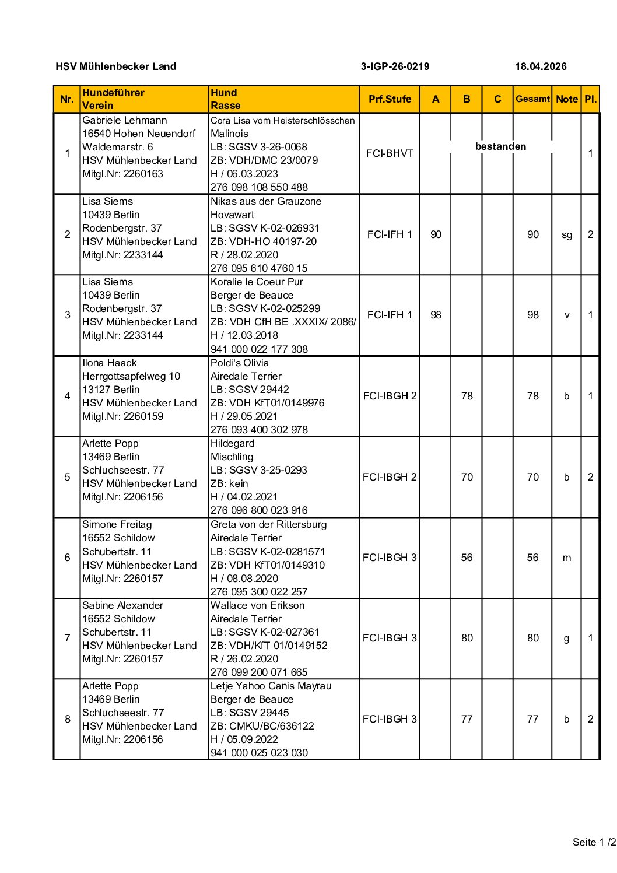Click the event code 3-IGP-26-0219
[x=395, y=66]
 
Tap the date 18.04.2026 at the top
[x=541, y=66]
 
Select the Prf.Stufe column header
[x=390, y=99]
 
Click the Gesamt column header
[x=532, y=99]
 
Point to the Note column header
[x=566, y=99]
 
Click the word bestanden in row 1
[x=500, y=146]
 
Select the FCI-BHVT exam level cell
[x=390, y=153]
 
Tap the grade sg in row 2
[x=566, y=234]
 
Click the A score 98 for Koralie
[x=436, y=315]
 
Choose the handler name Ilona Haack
[x=110, y=363]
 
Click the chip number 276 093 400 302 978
[x=259, y=430]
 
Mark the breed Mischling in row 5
[x=232, y=457]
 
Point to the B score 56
[x=467, y=558]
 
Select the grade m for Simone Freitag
[x=566, y=558]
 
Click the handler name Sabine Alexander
[x=122, y=605]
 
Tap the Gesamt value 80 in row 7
[x=532, y=638]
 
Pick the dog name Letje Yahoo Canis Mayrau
[x=271, y=686]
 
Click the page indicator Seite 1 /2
[x=594, y=842]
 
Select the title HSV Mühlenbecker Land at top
[x=116, y=66]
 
